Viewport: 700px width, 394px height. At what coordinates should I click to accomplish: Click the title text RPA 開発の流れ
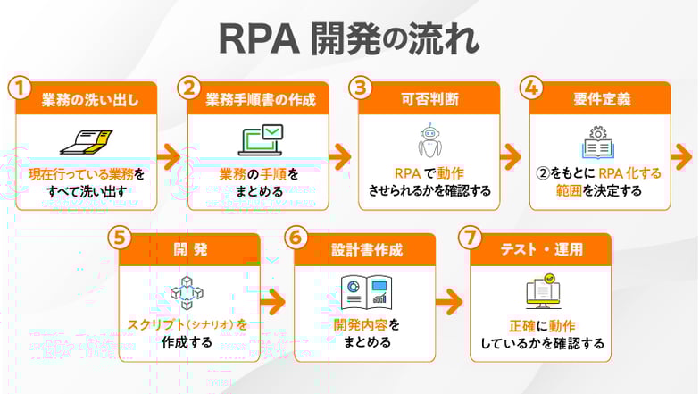(x=349, y=39)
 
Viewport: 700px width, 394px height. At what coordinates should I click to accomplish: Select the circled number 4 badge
(x=531, y=88)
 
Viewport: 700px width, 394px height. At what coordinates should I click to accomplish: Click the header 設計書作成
(x=365, y=250)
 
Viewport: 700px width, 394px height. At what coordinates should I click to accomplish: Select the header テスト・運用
(x=540, y=250)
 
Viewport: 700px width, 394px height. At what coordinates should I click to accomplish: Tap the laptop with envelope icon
(x=261, y=141)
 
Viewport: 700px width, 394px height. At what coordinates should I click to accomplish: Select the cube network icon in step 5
(x=188, y=294)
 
